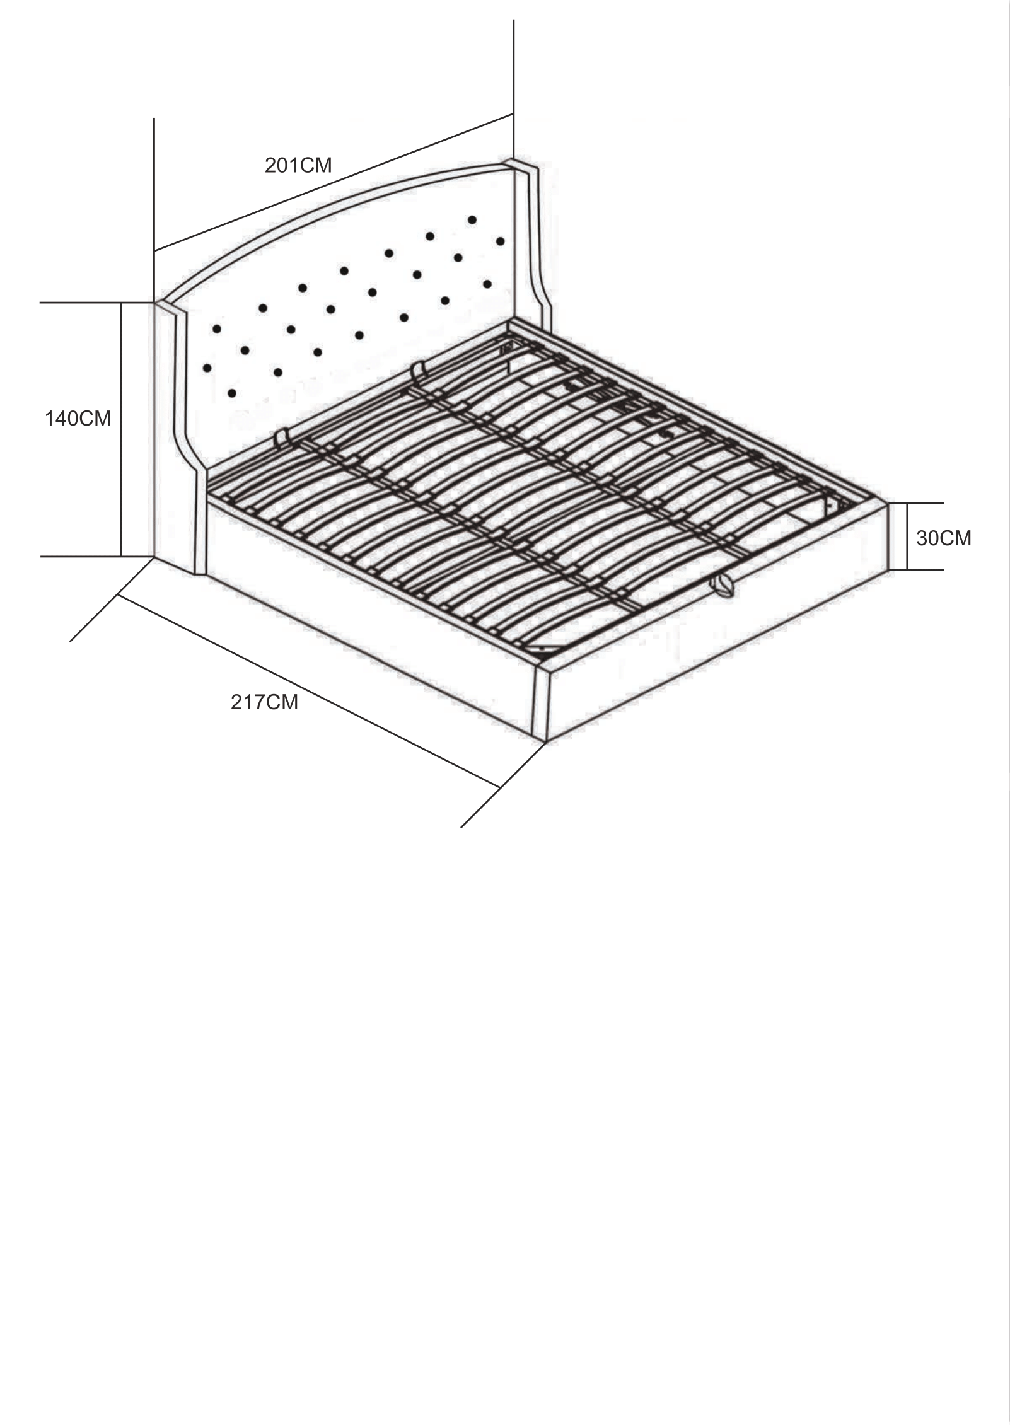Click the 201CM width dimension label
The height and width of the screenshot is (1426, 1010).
pos(298,165)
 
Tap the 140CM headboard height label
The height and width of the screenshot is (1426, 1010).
pos(78,418)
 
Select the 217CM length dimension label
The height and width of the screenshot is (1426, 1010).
pos(264,702)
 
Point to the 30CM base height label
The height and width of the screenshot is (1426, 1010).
pos(943,538)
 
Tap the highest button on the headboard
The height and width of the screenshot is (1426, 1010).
pos(472,220)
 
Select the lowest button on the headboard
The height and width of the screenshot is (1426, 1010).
pos(232,393)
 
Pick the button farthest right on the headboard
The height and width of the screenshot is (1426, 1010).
pos(501,241)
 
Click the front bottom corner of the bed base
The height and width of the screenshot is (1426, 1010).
pos(544,741)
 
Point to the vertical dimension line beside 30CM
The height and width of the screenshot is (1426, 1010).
pos(907,536)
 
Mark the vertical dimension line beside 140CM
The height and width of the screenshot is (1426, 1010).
pos(121,429)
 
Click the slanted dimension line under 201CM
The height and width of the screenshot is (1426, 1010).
pos(334,183)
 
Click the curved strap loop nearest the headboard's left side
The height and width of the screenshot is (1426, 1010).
pos(281,438)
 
